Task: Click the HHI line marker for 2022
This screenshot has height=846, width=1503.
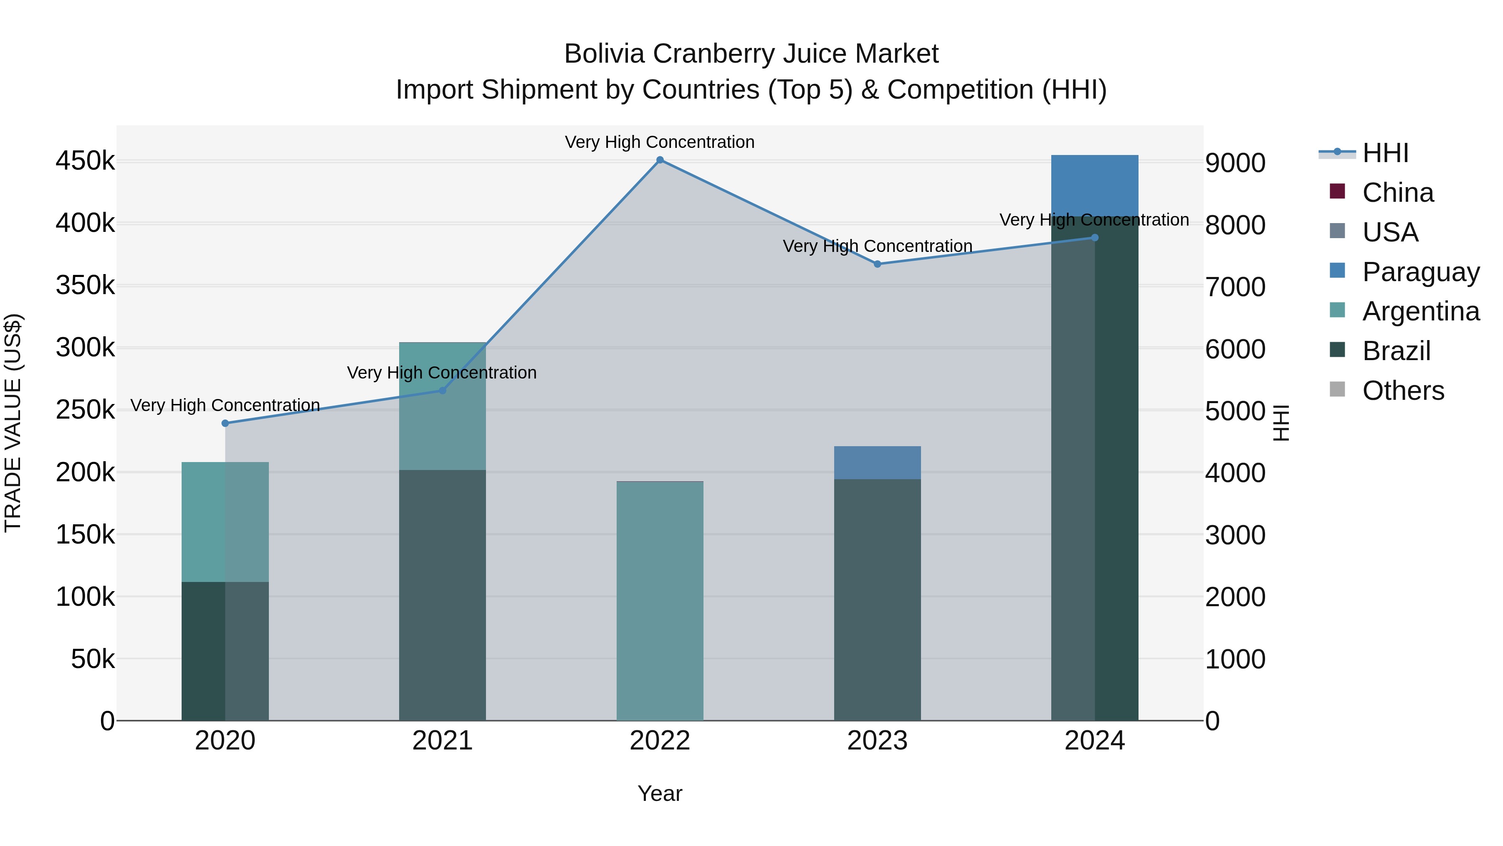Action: pyautogui.click(x=660, y=160)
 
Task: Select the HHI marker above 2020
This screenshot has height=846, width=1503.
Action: pyautogui.click(x=225, y=423)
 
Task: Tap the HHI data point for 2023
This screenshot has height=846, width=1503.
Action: pyautogui.click(x=877, y=264)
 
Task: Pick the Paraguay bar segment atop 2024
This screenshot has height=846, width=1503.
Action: pyautogui.click(x=1095, y=185)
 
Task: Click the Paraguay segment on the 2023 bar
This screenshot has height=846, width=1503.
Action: pyautogui.click(x=877, y=462)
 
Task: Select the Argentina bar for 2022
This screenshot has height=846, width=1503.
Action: pyautogui.click(x=660, y=601)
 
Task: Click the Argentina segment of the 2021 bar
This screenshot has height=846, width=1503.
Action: pyautogui.click(x=442, y=406)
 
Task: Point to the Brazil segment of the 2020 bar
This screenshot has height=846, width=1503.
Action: pyautogui.click(x=225, y=651)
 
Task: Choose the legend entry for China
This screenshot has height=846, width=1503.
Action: pyautogui.click(x=1397, y=193)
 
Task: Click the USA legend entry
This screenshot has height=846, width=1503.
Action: pyautogui.click(x=1390, y=232)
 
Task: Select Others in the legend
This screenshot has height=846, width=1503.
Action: pyautogui.click(x=1403, y=391)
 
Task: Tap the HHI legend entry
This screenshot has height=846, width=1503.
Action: pyautogui.click(x=1385, y=153)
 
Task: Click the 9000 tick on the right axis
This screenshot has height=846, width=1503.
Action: pyautogui.click(x=1235, y=163)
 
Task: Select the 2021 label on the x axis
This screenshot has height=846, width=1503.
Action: pyautogui.click(x=442, y=741)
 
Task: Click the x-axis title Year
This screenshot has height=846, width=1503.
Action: pyautogui.click(x=660, y=793)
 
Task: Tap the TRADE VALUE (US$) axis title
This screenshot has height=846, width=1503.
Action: pyautogui.click(x=13, y=423)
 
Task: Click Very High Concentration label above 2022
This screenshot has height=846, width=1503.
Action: pyautogui.click(x=660, y=142)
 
